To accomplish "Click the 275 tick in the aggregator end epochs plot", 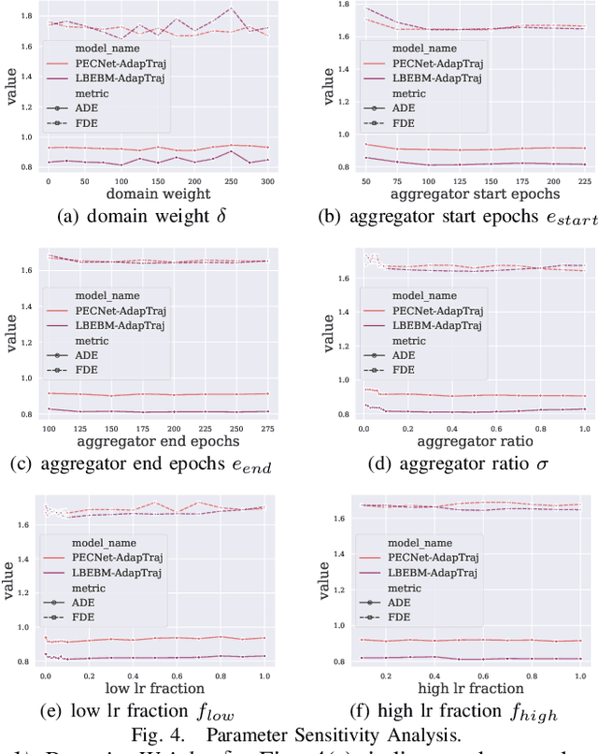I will [x=266, y=427].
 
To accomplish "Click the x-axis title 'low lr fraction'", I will [x=154, y=689].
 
